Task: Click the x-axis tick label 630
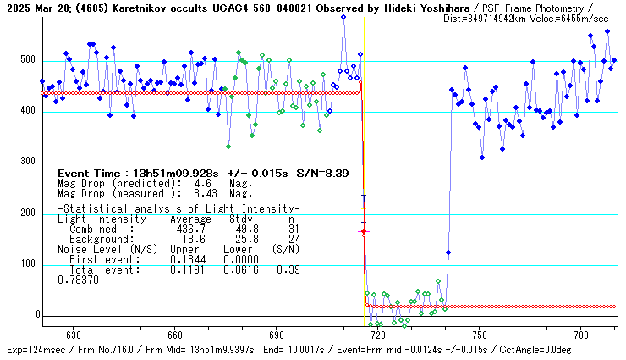pyautogui.click(x=73, y=335)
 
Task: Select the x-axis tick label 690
pyautogui.click(x=276, y=335)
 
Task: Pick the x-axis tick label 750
pyautogui.click(x=479, y=335)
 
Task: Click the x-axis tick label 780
pyautogui.click(x=580, y=335)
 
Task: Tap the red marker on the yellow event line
pyautogui.click(x=364, y=230)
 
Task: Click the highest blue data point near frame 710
pyautogui.click(x=343, y=17)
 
